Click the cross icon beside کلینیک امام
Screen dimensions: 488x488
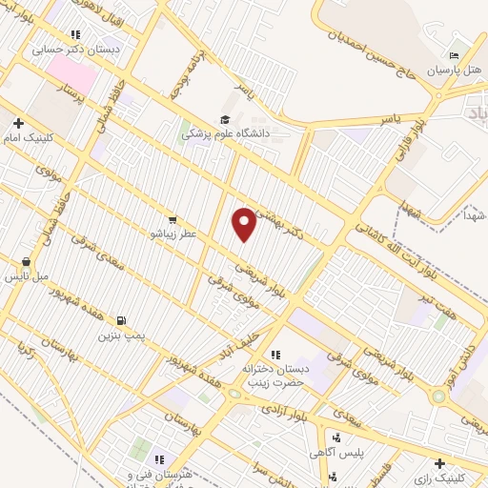click(19, 122)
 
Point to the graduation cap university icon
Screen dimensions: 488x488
click(225, 119)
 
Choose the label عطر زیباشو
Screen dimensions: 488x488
click(170, 232)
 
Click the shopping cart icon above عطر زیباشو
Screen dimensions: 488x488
click(172, 217)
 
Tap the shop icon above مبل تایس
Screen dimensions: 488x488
click(26, 262)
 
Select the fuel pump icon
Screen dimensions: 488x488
click(121, 321)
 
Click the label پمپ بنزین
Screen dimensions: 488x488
click(121, 335)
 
